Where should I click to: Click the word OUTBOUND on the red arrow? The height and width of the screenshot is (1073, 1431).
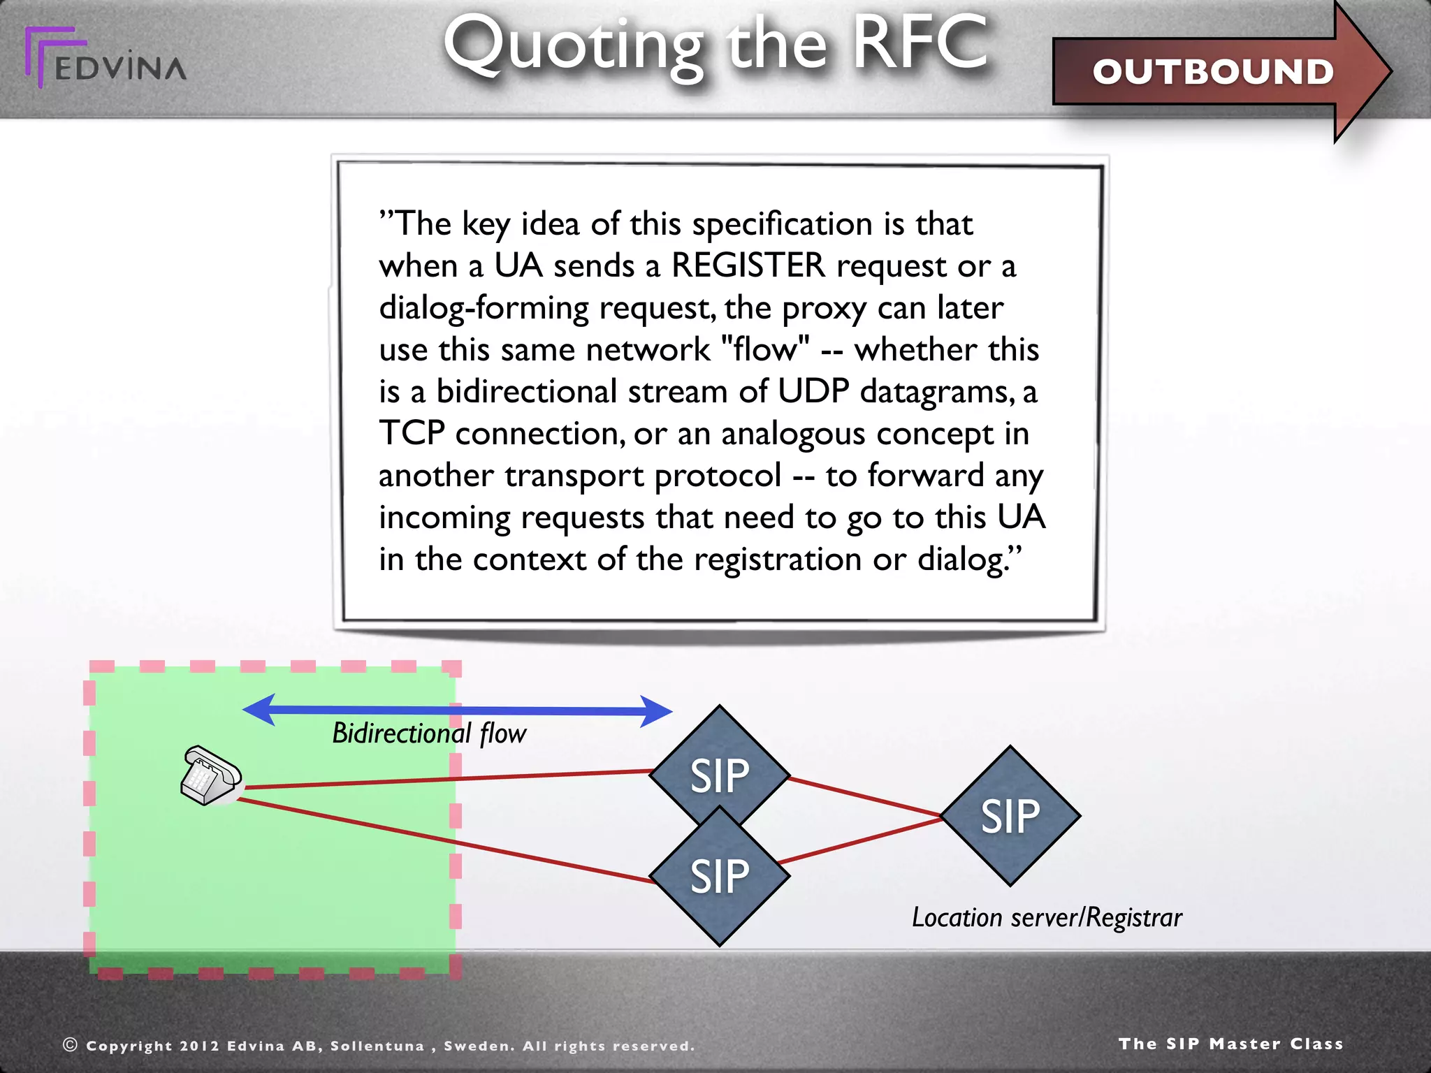coord(1213,72)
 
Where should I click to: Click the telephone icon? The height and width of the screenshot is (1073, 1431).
coord(210,776)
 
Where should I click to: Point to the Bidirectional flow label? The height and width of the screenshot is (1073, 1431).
coord(428,733)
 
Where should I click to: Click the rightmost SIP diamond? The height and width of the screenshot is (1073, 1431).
coord(1010,816)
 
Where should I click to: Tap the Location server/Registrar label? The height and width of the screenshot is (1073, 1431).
coord(1046,917)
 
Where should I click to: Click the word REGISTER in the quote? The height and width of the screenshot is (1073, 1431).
coord(748,265)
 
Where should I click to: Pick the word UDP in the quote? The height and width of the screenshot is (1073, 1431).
coord(813,391)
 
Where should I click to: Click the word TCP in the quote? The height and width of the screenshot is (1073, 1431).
coord(412,433)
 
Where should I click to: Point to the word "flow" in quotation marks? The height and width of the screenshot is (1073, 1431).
coord(764,349)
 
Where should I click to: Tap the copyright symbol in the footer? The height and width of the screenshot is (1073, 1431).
coord(70,1044)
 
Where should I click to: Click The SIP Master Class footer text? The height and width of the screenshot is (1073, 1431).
coord(1230,1044)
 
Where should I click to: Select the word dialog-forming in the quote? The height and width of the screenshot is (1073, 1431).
coord(484,308)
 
